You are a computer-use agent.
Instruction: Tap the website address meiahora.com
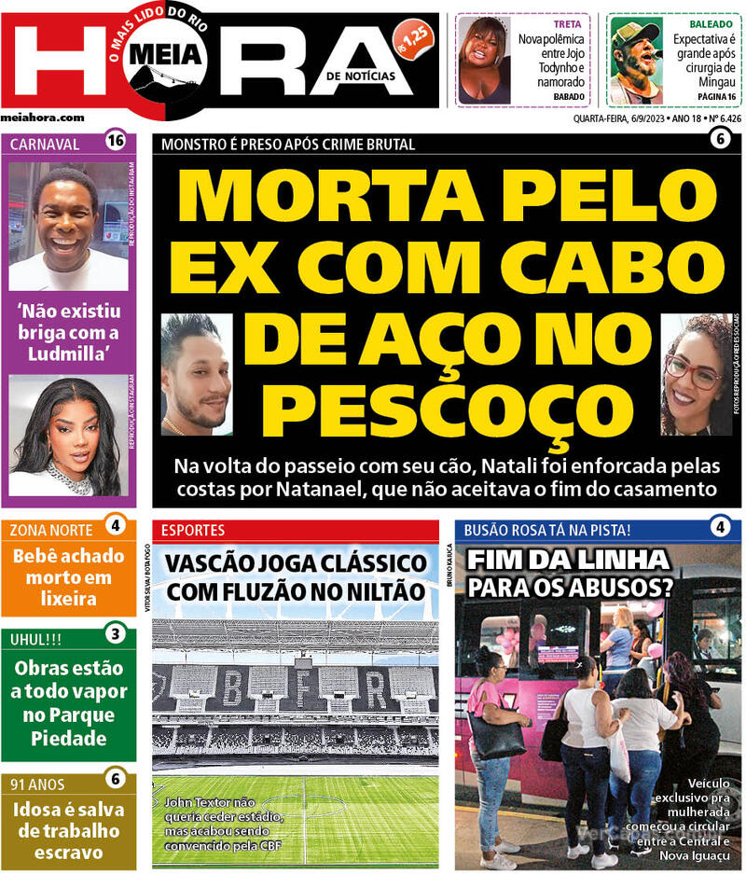click(43, 118)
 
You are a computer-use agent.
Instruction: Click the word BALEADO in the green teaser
click(711, 23)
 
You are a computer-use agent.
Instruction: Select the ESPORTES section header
click(193, 530)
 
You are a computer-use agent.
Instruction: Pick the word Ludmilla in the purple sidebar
click(68, 354)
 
